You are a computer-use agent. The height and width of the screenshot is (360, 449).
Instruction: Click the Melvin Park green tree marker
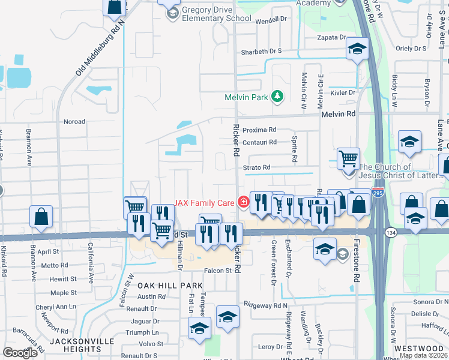pos(277,96)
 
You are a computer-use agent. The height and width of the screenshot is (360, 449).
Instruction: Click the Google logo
pos(20,353)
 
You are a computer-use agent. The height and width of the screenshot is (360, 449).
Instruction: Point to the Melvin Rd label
pos(339,114)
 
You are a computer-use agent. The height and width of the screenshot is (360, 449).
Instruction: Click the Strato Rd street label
pos(257,167)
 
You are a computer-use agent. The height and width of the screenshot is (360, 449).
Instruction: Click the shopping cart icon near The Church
pos(348,158)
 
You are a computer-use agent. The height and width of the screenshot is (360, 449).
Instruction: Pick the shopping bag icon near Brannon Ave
pos(41,217)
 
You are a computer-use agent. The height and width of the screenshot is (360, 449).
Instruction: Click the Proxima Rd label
pos(260,130)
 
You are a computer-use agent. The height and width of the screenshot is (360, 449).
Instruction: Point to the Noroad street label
pos(74,121)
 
